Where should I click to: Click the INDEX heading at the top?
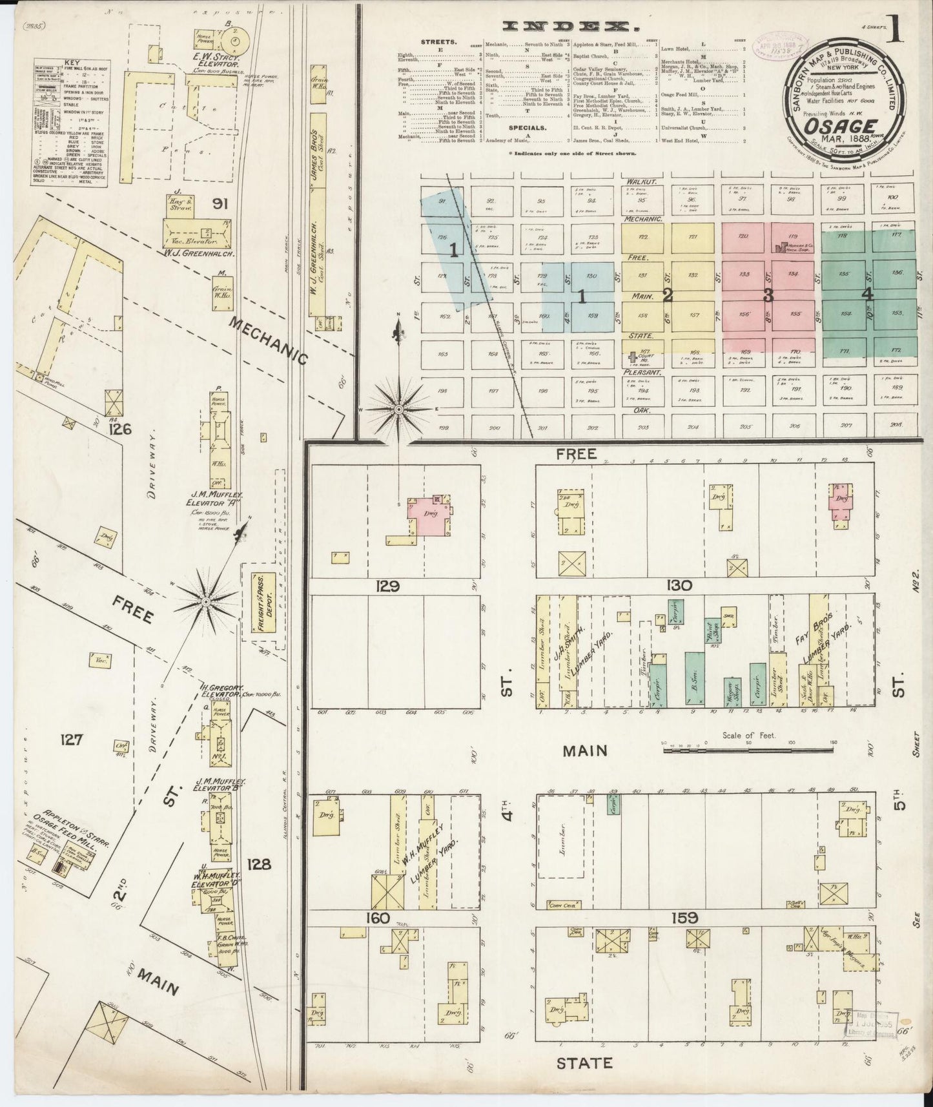point(569,26)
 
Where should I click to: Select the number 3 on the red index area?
point(768,296)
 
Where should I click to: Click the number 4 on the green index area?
point(867,294)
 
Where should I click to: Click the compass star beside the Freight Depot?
point(206,601)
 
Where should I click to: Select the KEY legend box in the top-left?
point(71,124)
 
